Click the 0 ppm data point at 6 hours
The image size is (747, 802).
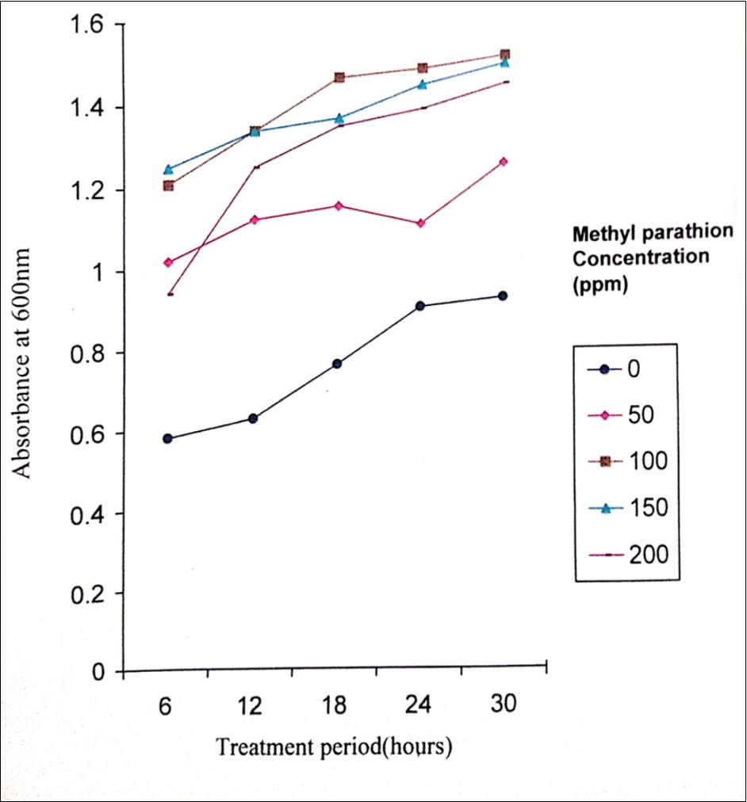coord(167,438)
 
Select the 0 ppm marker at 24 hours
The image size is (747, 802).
coord(420,306)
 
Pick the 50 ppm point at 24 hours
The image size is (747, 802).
coord(420,223)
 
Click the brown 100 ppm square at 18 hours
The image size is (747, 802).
coord(339,78)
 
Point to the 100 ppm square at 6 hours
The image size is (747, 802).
coord(168,185)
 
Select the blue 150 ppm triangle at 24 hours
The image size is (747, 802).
coord(421,84)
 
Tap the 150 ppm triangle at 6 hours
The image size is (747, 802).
coord(168,169)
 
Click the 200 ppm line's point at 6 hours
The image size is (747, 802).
coord(169,294)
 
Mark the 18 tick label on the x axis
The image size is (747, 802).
coord(335,705)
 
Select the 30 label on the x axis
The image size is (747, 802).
coord(503,704)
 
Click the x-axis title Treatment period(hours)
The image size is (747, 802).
coord(334,747)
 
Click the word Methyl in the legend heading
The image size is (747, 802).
coord(599,232)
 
